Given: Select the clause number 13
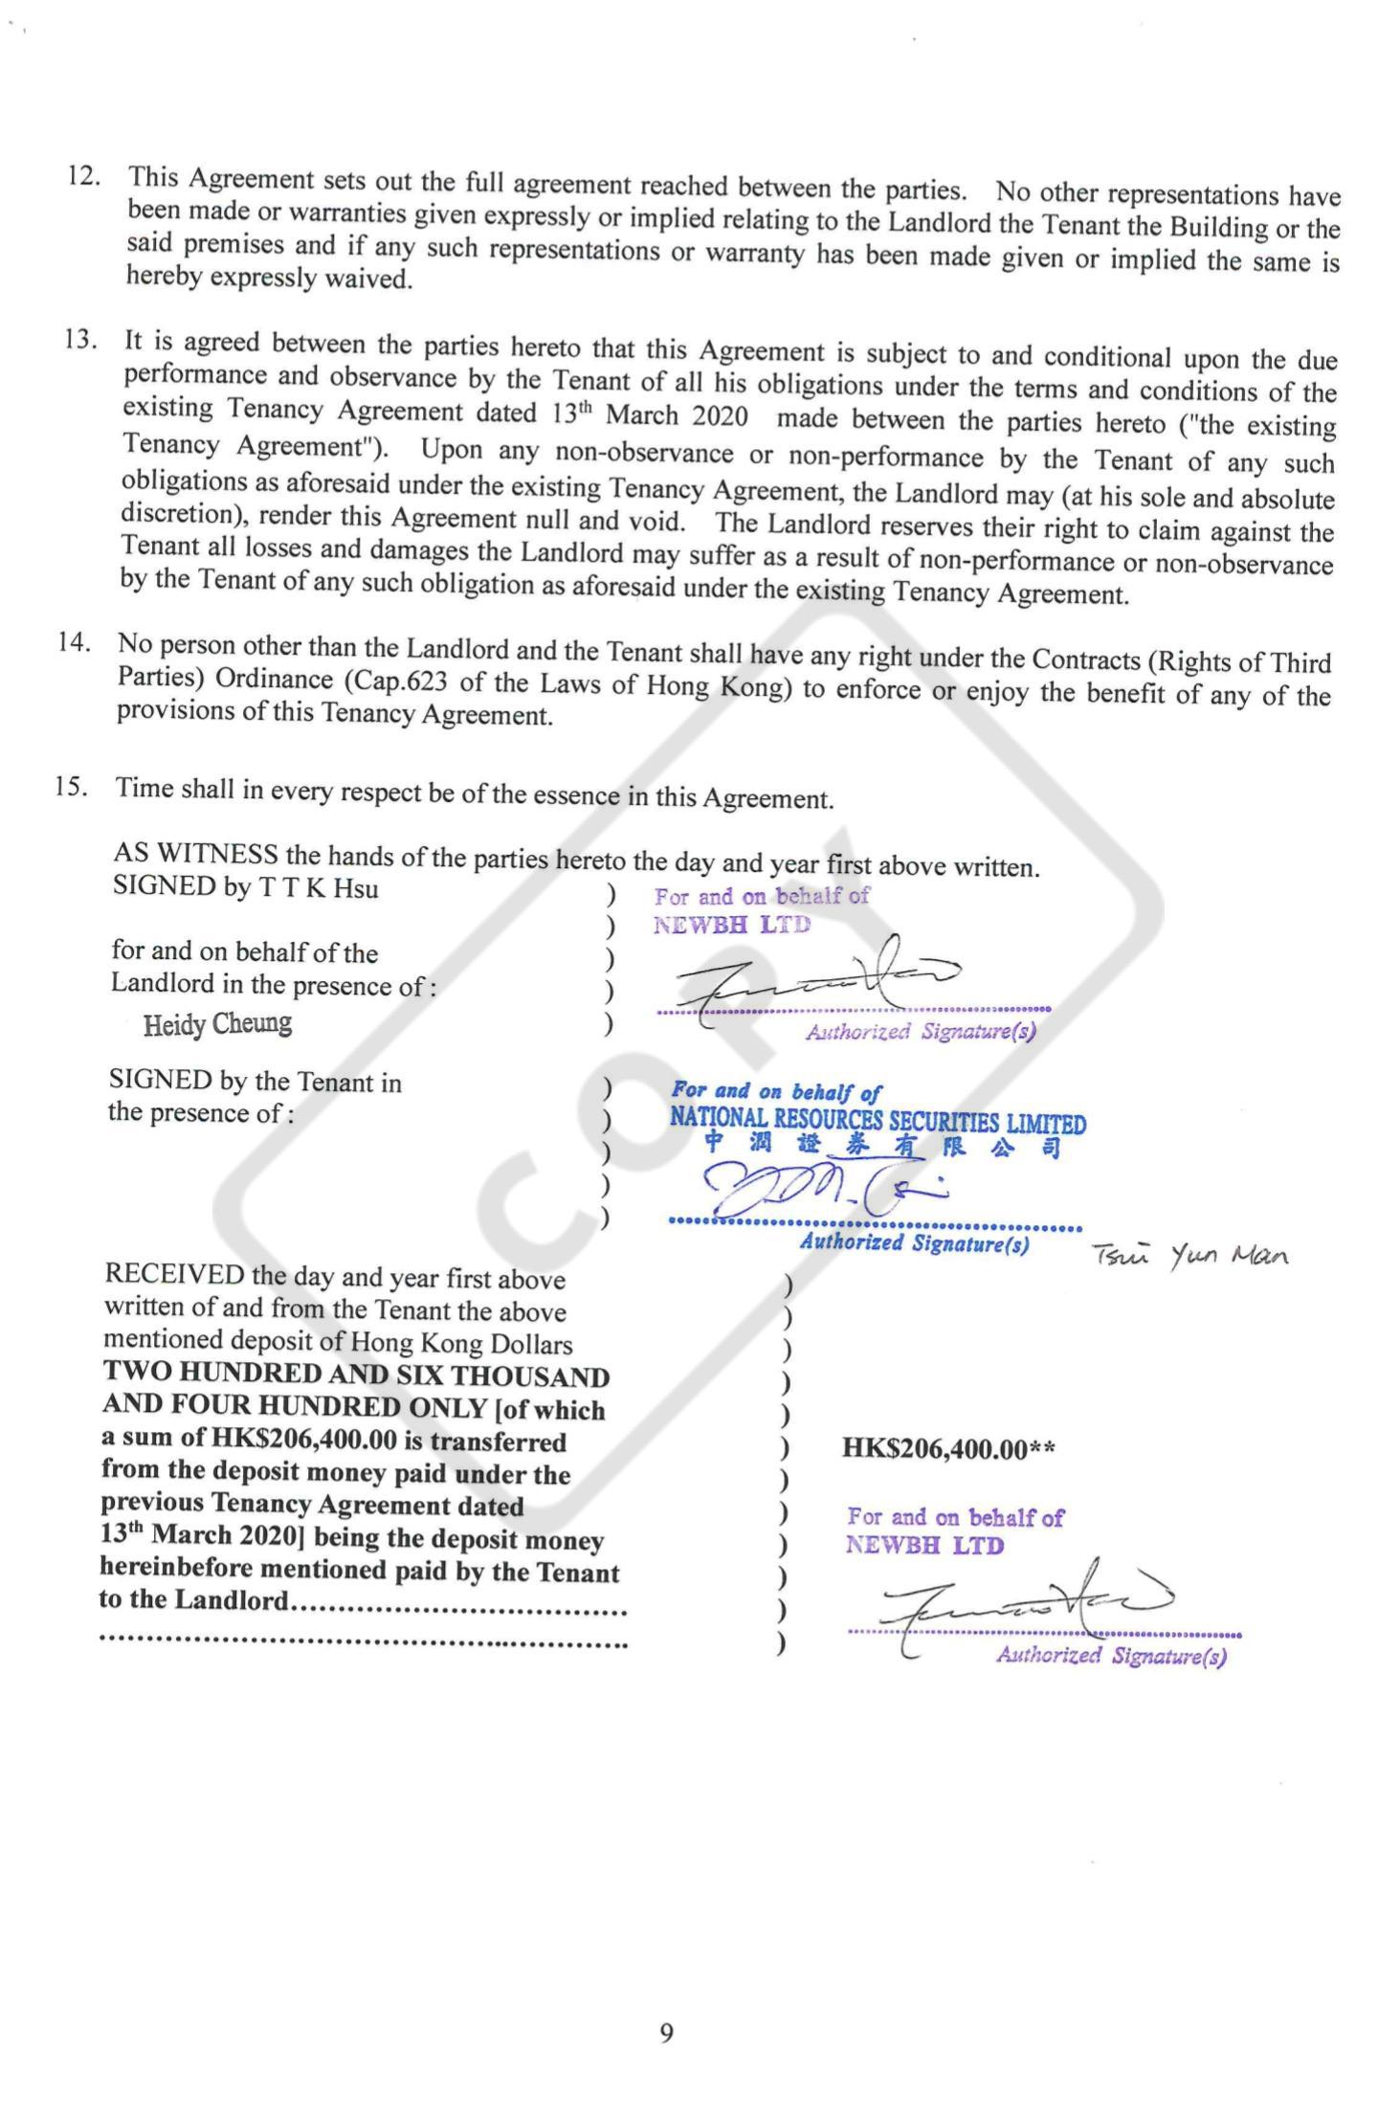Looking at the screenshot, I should (81, 340).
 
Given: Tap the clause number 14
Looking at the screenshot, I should (75, 642).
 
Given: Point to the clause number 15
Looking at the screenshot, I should (72, 787).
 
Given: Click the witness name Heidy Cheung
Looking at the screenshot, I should (217, 1023).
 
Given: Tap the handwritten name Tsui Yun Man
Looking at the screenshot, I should (1189, 1255).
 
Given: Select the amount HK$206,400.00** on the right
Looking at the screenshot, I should (948, 1448).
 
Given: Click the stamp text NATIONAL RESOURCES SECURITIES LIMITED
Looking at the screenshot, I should (878, 1121).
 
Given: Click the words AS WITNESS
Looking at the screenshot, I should (195, 853).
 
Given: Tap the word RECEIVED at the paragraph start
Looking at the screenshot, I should (174, 1275).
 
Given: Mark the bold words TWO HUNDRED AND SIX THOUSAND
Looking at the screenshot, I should (356, 1375).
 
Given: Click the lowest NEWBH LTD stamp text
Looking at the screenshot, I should (924, 1545).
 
